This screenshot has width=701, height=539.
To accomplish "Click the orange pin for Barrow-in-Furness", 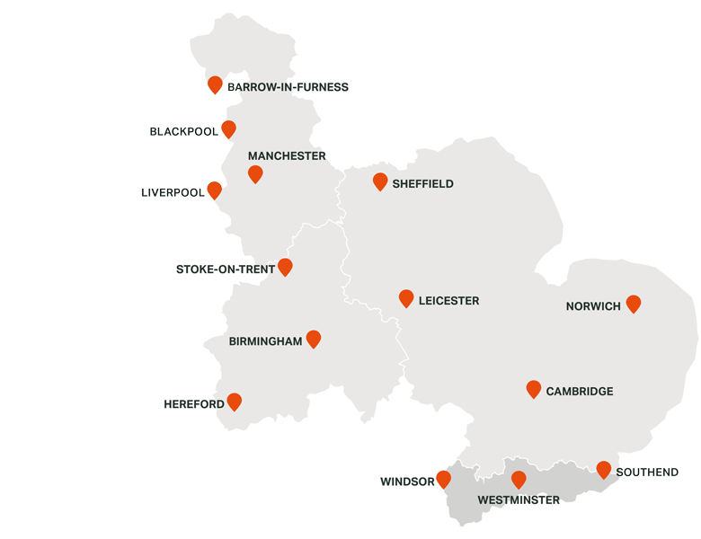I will (215, 84).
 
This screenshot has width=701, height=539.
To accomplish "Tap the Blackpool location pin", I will (228, 129).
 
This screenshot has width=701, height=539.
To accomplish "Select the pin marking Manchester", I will (255, 173).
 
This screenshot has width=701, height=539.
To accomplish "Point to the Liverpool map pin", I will (214, 190).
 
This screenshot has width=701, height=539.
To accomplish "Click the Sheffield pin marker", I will (380, 181).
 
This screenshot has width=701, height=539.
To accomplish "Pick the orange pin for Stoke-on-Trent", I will (285, 267).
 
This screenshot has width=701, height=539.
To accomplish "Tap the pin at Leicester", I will (406, 298).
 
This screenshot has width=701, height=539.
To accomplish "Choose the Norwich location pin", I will (634, 304).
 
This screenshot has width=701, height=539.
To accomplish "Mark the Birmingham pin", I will (314, 339).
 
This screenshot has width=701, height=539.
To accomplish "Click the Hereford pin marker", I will (235, 402).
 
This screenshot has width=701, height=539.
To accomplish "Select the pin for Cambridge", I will (534, 389).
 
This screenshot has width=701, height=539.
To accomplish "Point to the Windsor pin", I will (443, 479).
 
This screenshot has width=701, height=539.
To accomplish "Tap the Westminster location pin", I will (519, 480).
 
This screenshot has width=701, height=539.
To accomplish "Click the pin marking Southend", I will (604, 469).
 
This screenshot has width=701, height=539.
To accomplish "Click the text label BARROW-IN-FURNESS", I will (288, 87).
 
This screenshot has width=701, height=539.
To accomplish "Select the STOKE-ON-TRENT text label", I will (226, 269).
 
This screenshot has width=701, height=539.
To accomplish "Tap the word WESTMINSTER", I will (519, 500).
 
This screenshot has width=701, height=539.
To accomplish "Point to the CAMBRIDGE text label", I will (580, 392).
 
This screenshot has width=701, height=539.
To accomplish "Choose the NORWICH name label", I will (593, 306).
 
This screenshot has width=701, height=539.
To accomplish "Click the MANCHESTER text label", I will (287, 156).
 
